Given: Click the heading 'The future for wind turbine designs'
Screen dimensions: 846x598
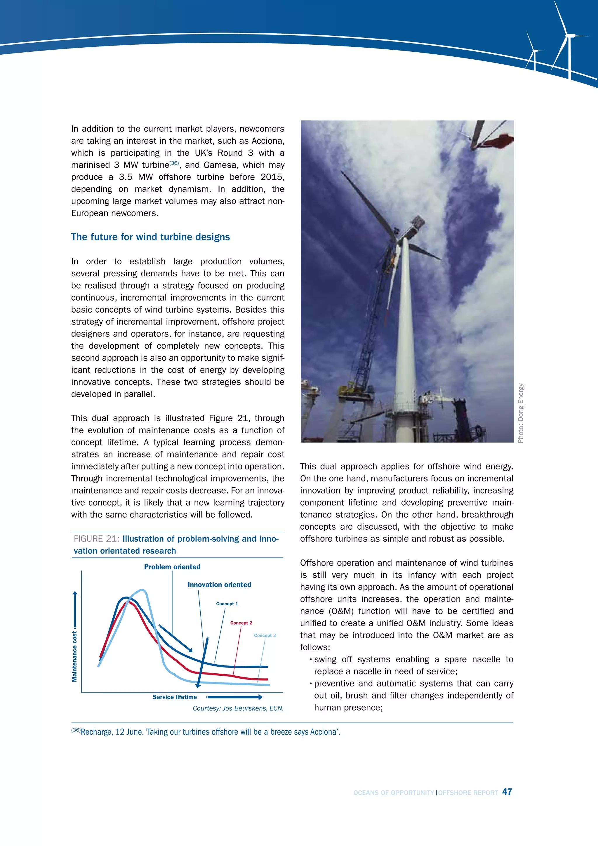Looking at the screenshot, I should tap(150, 237).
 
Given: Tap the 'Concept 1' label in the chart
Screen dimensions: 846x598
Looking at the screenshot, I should tap(227, 604).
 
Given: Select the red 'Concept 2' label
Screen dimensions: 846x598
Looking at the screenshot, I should tap(241, 623).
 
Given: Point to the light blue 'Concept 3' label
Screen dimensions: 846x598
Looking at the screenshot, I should tap(265, 635).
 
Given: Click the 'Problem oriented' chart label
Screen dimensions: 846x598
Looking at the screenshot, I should tap(172, 567).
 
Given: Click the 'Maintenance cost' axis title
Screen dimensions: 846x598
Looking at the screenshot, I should tap(75, 656).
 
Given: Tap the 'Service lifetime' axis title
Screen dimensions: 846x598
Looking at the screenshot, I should tap(175, 697).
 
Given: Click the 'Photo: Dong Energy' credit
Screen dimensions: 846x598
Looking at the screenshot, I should tap(520, 413).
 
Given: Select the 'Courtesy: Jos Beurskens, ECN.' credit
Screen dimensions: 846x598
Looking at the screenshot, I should tap(238, 708).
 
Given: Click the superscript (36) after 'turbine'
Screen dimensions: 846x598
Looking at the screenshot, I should tap(174, 163).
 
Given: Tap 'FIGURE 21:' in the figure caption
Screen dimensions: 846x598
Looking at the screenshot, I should tap(96, 539).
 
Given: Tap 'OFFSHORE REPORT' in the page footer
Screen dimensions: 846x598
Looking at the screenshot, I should tap(468, 793).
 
